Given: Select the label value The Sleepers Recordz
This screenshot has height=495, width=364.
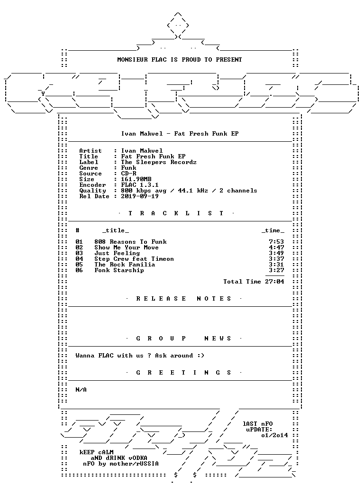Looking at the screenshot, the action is click(159, 162).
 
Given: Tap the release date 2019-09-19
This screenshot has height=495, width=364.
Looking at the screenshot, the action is click(140, 196).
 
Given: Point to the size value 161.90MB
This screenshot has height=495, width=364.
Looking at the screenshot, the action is click(136, 179).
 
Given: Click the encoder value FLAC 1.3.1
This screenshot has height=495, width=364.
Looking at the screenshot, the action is click(140, 185).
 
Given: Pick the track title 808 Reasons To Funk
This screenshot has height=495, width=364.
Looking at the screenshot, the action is click(130, 242).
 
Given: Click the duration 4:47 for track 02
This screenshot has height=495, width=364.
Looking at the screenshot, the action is click(276, 247).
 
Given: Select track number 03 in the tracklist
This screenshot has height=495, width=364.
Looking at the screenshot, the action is click(79, 253).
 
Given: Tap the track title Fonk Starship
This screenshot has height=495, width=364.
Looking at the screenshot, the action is click(119, 270).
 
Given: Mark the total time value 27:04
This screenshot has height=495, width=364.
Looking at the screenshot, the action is click(274, 282).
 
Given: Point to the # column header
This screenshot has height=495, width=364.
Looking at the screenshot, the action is click(78, 230).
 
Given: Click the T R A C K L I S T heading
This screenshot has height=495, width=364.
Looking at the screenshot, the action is click(176, 213).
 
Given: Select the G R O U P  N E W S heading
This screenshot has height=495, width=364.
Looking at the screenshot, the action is click(184, 339).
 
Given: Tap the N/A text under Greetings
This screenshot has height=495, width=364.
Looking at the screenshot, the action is click(81, 390).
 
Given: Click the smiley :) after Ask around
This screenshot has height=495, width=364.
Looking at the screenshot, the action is click(201, 356).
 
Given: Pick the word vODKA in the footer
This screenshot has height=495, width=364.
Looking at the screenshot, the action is click(138, 458).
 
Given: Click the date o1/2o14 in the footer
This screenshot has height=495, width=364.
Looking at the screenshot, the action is click(274, 435).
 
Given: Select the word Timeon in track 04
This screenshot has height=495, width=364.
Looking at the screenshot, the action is click(163, 259).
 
